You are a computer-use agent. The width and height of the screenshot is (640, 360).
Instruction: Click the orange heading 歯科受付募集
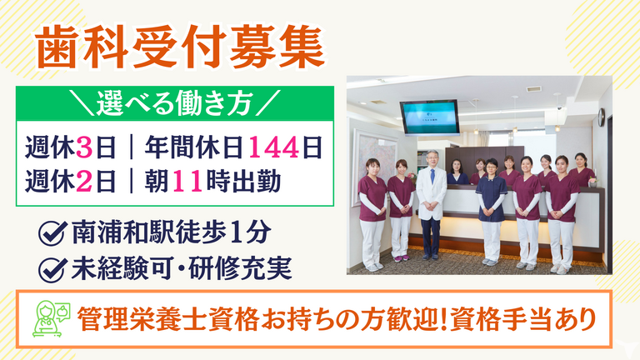[180, 48]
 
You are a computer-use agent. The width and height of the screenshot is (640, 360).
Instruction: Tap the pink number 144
[273, 147]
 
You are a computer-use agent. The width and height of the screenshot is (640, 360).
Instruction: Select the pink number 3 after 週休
[84, 147]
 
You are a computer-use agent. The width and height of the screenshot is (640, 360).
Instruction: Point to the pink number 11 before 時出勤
[187, 181]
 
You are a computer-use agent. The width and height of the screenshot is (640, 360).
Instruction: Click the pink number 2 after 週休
[84, 181]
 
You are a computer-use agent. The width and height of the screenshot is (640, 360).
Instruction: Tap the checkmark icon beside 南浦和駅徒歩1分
[52, 232]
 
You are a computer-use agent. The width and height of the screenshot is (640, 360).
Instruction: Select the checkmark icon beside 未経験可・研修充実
[52, 269]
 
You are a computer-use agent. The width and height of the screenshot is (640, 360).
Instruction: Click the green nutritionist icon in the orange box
[51, 318]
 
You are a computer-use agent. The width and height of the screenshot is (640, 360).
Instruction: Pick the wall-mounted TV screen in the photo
[429, 117]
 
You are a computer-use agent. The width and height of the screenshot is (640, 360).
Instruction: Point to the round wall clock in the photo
[601, 117]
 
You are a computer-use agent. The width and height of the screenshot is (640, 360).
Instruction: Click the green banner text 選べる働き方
[175, 103]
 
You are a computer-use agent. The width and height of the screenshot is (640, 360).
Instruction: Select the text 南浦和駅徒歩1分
[172, 232]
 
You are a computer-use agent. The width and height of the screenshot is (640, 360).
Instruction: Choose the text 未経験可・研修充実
[182, 269]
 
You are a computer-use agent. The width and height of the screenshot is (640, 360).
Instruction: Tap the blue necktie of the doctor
[432, 176]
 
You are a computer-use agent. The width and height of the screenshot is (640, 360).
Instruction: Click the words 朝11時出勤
[212, 181]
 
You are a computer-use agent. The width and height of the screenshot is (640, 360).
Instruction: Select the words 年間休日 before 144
[194, 147]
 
